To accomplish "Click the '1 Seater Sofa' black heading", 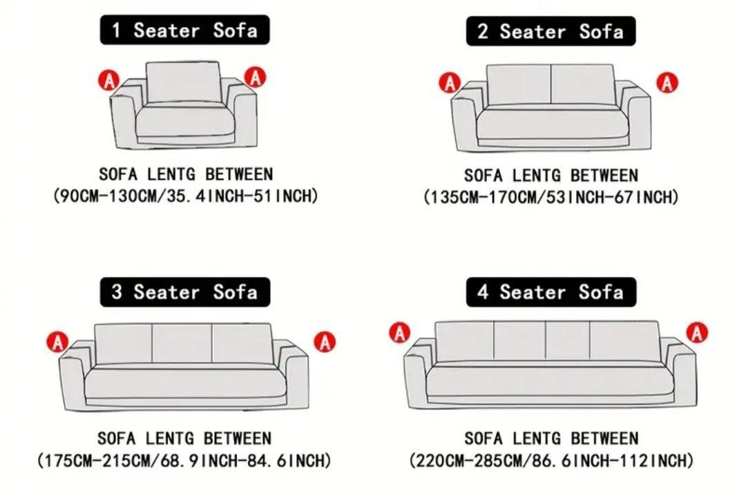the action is pyautogui.click(x=184, y=30).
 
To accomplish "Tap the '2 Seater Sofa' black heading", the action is pyautogui.click(x=551, y=31).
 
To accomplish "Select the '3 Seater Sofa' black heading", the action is pyautogui.click(x=184, y=292).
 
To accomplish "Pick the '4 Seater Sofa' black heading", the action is pyautogui.click(x=551, y=292).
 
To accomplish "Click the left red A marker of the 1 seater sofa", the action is pyautogui.click(x=109, y=80).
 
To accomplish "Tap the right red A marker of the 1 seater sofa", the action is pyautogui.click(x=256, y=77).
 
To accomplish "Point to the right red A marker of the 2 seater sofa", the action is pyautogui.click(x=667, y=84).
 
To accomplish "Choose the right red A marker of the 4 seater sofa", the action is pyautogui.click(x=697, y=332).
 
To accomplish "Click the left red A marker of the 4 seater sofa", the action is pyautogui.click(x=400, y=332).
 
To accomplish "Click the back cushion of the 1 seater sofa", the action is pyautogui.click(x=183, y=82).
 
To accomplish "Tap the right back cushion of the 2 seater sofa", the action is pyautogui.click(x=583, y=85).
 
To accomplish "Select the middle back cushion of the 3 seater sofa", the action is pyautogui.click(x=182, y=343).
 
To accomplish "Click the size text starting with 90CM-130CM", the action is pyautogui.click(x=186, y=195).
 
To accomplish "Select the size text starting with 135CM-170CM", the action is pyautogui.click(x=551, y=196).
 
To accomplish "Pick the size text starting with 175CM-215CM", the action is pyautogui.click(x=184, y=461).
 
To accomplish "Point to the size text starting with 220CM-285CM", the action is pyautogui.click(x=551, y=461).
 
